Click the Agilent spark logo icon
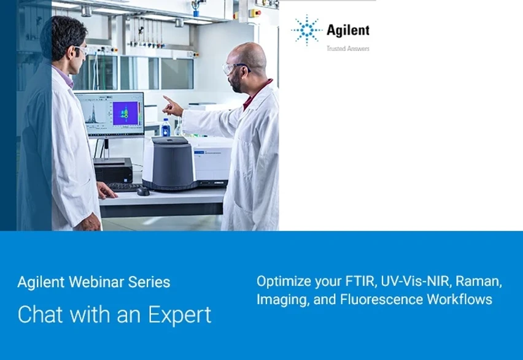pyautogui.click(x=306, y=31)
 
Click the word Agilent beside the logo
pyautogui.click(x=348, y=30)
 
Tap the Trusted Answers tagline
pyautogui.click(x=347, y=48)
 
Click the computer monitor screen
pyautogui.click(x=109, y=114)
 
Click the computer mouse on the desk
pyautogui.click(x=143, y=191)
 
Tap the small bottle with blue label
pyautogui.click(x=165, y=128)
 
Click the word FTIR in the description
pyautogui.click(x=360, y=282)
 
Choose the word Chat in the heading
pyautogui.click(x=38, y=314)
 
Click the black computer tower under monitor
pyautogui.click(x=113, y=169)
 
